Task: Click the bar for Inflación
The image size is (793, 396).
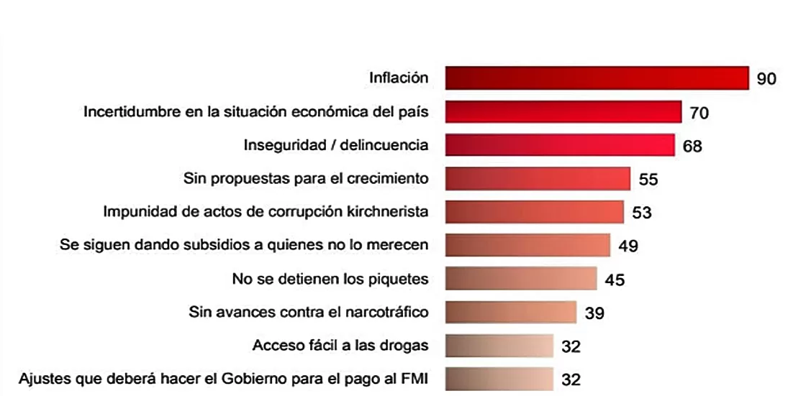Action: (597, 78)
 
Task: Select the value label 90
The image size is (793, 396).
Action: (766, 79)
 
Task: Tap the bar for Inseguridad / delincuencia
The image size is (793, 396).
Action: (560, 144)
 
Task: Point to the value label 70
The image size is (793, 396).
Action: (699, 113)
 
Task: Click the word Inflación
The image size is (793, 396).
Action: (399, 78)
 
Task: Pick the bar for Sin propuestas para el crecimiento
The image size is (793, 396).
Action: (538, 178)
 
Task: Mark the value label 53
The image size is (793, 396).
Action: (641, 213)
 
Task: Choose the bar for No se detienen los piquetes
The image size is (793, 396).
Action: (521, 278)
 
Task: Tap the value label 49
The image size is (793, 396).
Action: (628, 246)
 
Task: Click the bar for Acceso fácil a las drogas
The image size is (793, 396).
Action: (499, 346)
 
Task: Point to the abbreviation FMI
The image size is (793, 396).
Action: (414, 378)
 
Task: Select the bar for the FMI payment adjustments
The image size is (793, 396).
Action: (499, 378)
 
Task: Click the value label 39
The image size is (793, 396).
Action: (594, 313)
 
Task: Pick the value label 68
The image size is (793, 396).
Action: (692, 147)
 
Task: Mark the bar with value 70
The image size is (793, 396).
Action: (563, 111)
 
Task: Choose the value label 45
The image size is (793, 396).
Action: (615, 280)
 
